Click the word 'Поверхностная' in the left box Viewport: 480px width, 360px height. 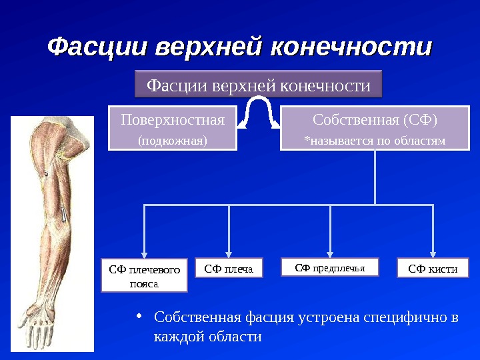point(173,121)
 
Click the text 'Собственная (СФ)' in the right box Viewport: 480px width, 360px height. point(375,121)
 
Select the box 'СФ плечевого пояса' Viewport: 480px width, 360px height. point(144,276)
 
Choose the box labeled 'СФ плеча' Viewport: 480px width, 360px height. point(229,268)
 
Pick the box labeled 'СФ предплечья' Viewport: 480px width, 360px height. point(331,267)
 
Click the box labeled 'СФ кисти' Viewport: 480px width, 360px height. point(433,268)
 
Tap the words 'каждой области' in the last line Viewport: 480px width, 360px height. point(207,337)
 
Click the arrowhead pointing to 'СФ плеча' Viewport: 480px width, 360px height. point(229,253)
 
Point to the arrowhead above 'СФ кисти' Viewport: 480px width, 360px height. point(433,253)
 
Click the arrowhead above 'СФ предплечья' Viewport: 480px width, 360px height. point(331,253)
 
